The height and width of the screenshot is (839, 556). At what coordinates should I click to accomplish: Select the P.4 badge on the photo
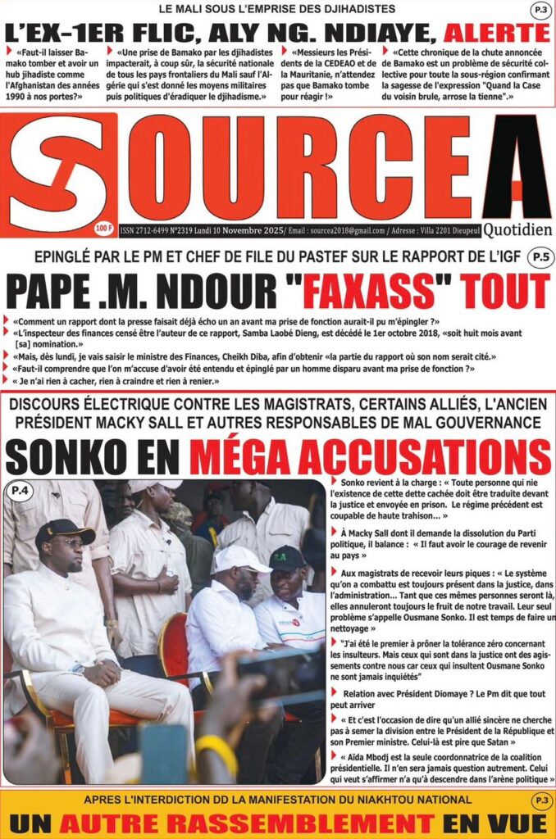click(19, 492)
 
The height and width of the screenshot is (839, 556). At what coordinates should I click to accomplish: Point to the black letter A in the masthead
click(517, 168)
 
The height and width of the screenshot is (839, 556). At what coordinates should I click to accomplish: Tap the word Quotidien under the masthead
click(517, 231)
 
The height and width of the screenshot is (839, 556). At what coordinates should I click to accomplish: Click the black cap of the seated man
click(64, 533)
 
